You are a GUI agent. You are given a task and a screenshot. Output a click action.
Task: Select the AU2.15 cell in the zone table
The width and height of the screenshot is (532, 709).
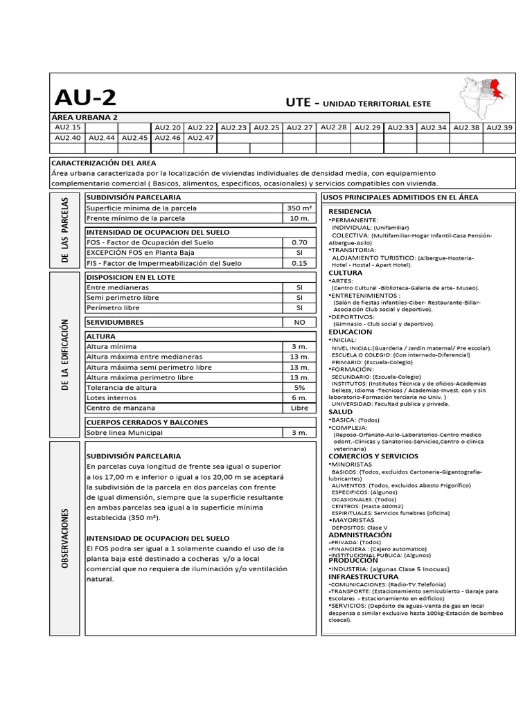pyautogui.click(x=67, y=127)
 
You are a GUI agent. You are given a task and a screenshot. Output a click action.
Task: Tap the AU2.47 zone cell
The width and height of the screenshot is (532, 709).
pyautogui.click(x=200, y=138)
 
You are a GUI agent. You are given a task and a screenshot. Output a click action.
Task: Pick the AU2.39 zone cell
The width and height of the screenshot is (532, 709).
pyautogui.click(x=499, y=127)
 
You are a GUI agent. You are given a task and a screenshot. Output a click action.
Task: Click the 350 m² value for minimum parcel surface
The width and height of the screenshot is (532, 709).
pyautogui.click(x=299, y=208)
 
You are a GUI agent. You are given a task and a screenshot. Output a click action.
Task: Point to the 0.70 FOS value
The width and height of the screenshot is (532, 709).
pyautogui.click(x=299, y=242)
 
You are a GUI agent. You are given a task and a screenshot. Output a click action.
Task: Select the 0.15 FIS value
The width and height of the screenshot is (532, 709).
pyautogui.click(x=299, y=263)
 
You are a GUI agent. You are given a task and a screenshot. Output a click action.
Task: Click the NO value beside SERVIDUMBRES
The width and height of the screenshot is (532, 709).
pyautogui.click(x=299, y=322)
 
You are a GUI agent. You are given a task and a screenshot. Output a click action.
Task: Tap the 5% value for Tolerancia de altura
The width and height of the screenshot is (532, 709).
pyautogui.click(x=299, y=388)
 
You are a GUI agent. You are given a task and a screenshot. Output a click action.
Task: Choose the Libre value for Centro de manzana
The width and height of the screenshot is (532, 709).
pyautogui.click(x=299, y=409)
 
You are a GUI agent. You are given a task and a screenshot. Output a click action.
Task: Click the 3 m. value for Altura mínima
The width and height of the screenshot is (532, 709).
pyautogui.click(x=299, y=346)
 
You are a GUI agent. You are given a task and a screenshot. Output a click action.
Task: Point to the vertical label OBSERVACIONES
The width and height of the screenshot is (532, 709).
pyautogui.click(x=66, y=539)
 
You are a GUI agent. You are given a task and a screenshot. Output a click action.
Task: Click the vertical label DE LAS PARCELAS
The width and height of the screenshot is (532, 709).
pyautogui.click(x=66, y=228)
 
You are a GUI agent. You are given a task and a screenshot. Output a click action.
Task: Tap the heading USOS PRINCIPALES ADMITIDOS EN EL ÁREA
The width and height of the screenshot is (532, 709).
pyautogui.click(x=400, y=197)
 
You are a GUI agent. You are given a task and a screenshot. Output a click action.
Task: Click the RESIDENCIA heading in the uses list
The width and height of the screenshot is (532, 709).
pyautogui.click(x=350, y=211)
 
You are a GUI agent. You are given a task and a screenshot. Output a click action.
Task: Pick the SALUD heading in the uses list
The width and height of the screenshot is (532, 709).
pyautogui.click(x=340, y=411)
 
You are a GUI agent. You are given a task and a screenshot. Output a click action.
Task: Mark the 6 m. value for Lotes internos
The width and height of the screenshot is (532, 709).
pyautogui.click(x=299, y=398)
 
